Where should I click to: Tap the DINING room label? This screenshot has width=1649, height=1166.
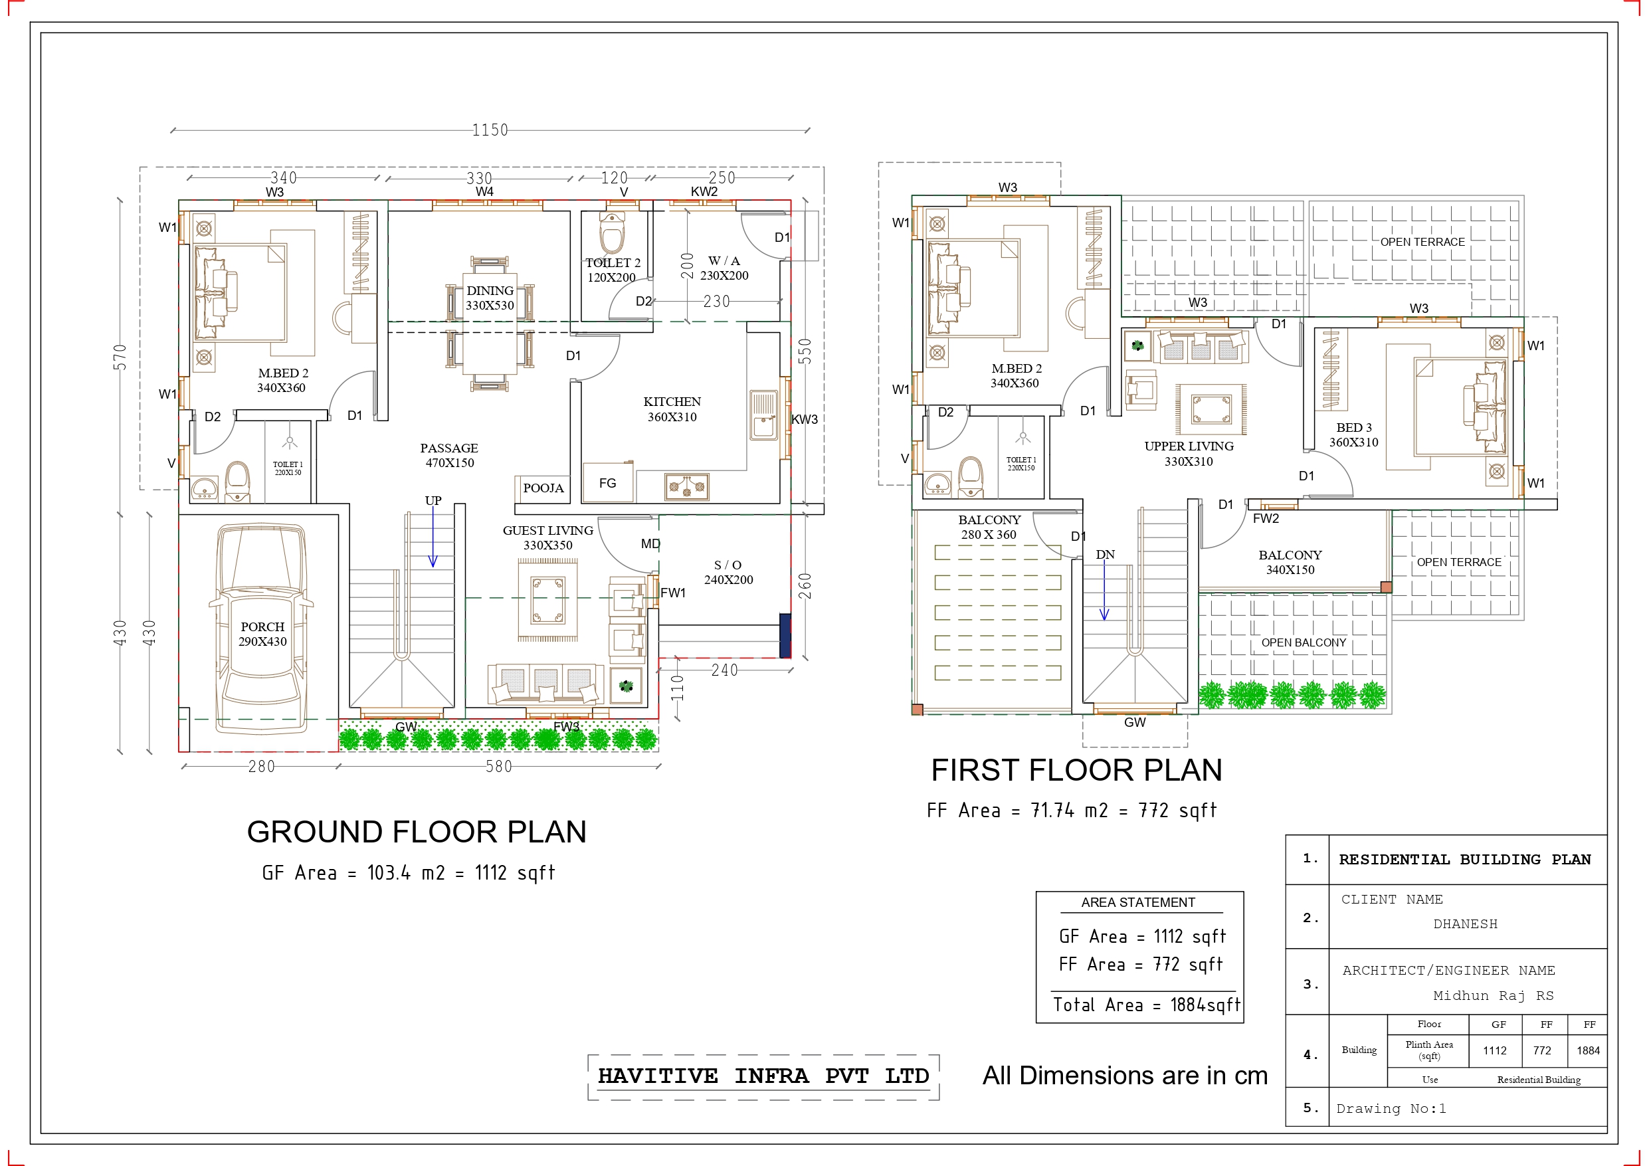(x=490, y=290)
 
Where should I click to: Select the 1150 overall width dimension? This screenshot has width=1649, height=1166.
(x=490, y=130)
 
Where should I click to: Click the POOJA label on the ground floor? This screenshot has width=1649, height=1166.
(x=543, y=488)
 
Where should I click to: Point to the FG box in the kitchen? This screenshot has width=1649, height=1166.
(x=608, y=483)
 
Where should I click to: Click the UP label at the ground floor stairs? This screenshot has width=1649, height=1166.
(x=433, y=500)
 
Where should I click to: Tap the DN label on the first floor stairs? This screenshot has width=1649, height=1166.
(x=1106, y=555)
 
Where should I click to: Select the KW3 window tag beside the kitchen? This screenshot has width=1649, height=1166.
(x=805, y=419)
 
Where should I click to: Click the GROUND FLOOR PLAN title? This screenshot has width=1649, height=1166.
(x=417, y=832)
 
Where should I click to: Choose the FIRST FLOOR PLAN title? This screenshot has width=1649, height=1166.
(x=1076, y=770)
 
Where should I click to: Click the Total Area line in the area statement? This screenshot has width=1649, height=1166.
(x=1146, y=1005)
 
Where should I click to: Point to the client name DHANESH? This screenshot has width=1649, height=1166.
(x=1465, y=924)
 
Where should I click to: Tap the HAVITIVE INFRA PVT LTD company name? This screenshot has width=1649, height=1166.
(x=763, y=1076)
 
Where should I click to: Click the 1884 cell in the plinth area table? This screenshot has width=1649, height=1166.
(x=1588, y=1050)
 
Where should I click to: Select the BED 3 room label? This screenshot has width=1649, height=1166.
(x=1354, y=427)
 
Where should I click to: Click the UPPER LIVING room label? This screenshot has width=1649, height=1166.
(x=1189, y=446)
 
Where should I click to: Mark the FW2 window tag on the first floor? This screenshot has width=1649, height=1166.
(x=1266, y=519)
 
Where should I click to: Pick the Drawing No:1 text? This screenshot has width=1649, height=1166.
(x=1391, y=1108)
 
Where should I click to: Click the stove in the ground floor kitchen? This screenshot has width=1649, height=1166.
(x=686, y=486)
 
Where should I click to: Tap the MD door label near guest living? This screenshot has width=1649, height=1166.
(x=650, y=544)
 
